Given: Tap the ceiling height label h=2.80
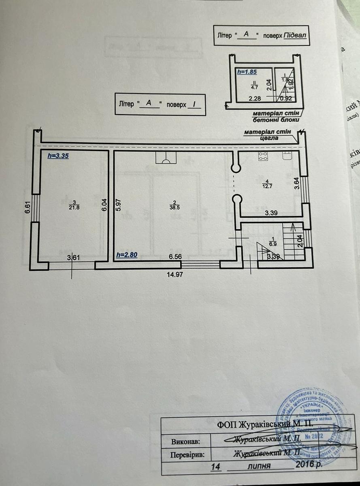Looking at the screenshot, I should (126, 255).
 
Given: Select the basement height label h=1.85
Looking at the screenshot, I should (247, 72).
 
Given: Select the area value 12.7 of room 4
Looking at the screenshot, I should (265, 187).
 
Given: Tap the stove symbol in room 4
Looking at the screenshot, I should (263, 156).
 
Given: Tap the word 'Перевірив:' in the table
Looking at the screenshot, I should (187, 454).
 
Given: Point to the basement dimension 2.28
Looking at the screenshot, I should (255, 98).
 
